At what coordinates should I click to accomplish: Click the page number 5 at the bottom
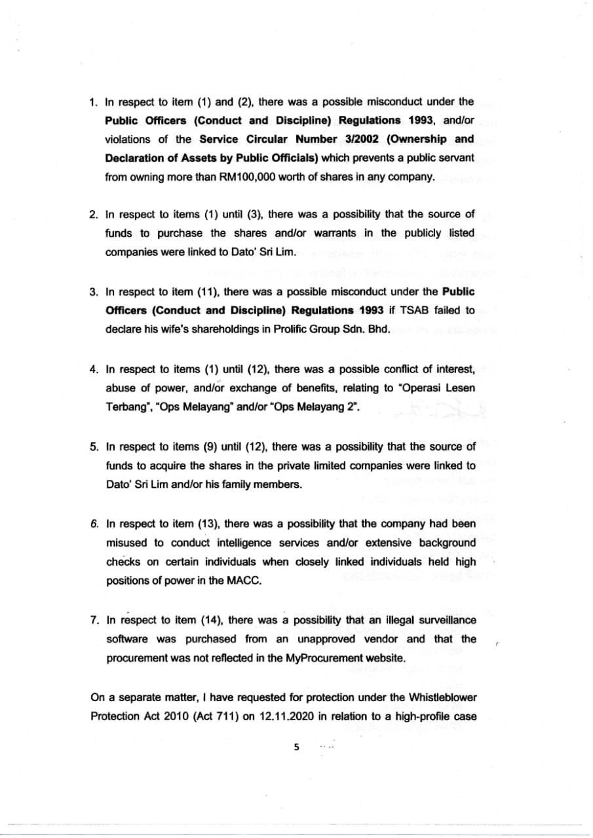point(297,746)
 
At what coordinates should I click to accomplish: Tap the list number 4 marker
point(94,369)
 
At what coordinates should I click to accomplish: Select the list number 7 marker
point(94,620)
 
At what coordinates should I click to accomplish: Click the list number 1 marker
point(94,101)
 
